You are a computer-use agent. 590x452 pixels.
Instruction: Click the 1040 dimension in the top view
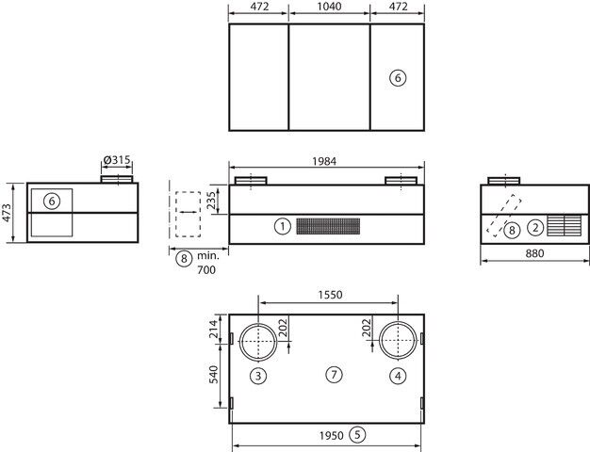tap(329, 7)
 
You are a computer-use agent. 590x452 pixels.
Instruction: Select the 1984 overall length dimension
tap(324, 161)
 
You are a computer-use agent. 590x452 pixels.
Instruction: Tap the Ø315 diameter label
tap(117, 160)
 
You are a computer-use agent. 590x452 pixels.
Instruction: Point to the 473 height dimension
tap(7, 213)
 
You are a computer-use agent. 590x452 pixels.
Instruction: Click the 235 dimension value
tap(211, 200)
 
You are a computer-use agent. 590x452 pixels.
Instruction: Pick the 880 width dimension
tap(534, 253)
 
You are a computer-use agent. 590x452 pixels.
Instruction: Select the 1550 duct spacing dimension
tap(331, 295)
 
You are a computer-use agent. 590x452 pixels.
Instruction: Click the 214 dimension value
tap(213, 329)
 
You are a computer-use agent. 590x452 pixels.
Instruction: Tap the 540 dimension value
tap(213, 375)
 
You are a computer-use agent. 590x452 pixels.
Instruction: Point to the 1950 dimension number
tap(332, 436)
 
